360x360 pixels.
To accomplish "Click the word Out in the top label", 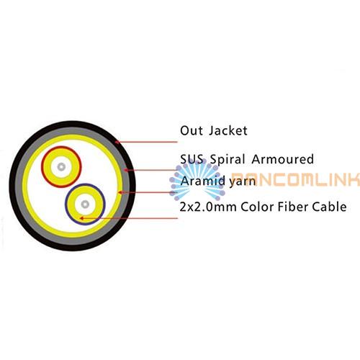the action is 192,131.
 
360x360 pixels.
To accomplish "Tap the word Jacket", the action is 228,131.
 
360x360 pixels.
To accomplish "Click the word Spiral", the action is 228,160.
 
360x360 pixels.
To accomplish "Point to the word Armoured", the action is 283,159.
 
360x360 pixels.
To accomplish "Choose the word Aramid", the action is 203,181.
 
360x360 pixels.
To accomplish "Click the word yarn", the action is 243,182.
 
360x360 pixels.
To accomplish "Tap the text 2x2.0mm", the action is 208,207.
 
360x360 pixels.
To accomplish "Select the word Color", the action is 257,207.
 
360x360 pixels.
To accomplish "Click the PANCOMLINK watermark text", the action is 295,179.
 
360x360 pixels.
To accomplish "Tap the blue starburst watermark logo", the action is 197,180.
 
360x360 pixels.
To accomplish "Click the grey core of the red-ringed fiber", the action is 61,167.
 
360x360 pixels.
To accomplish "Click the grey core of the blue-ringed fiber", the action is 85,204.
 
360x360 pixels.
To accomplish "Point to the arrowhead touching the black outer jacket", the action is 117,142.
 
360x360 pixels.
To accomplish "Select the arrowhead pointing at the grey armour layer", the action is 125,170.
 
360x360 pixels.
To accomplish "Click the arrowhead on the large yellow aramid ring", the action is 120,192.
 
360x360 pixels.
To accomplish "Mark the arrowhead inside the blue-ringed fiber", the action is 81,218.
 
